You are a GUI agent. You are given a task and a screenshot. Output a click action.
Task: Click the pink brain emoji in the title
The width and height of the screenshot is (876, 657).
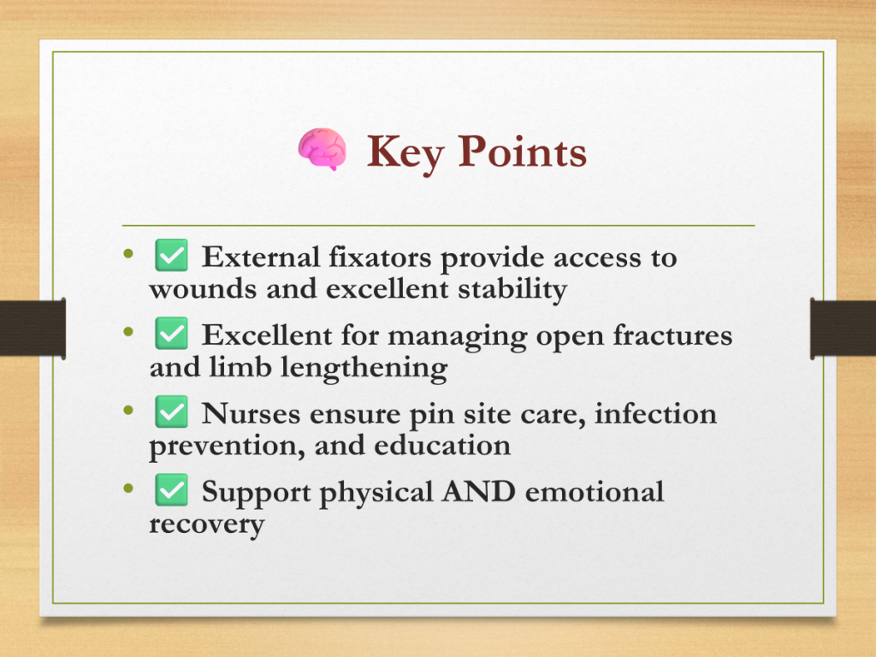[x=322, y=149]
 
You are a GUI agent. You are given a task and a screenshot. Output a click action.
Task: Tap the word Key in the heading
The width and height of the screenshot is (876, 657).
[x=405, y=153]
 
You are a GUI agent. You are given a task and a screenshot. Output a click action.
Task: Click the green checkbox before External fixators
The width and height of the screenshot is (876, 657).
[x=171, y=255]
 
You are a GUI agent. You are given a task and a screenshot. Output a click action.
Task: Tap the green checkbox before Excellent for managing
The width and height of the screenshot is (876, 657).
[x=171, y=334]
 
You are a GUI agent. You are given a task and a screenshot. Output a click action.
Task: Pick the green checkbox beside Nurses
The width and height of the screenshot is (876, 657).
[x=171, y=411]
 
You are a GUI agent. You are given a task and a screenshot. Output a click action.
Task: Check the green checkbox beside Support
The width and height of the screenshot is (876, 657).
[x=171, y=490]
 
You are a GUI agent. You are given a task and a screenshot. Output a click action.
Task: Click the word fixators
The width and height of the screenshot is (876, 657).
[x=380, y=257]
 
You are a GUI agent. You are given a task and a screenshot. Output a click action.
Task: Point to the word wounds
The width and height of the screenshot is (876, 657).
[x=203, y=289]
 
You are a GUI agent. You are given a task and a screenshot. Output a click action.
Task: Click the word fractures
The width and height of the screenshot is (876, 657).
[x=672, y=335]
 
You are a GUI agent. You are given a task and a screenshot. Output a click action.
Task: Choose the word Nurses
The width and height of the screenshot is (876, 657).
[x=251, y=414]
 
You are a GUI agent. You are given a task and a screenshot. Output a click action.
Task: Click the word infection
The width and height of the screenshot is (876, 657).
[x=655, y=414]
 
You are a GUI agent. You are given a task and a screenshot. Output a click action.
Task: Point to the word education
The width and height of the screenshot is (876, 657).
[x=442, y=446]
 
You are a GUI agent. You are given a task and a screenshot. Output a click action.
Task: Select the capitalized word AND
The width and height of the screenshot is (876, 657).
[x=478, y=492]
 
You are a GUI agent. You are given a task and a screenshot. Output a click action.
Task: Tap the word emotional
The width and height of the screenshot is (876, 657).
[x=595, y=492]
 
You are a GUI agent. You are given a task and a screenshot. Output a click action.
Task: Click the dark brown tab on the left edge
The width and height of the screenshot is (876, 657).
[x=33, y=328]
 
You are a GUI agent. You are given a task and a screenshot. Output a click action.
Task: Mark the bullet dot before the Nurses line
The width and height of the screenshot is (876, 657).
[x=128, y=411]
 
